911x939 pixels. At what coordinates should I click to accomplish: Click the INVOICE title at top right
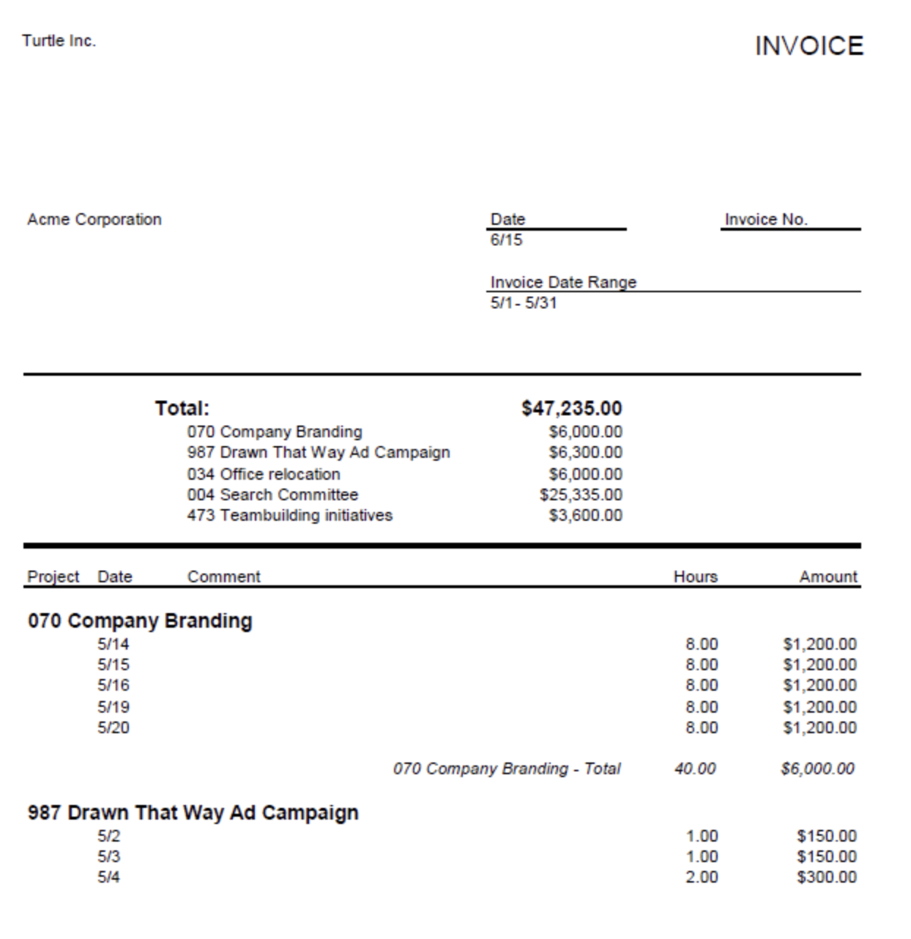(808, 46)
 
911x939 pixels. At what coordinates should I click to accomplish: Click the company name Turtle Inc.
(59, 41)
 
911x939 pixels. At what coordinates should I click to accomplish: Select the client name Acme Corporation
(94, 220)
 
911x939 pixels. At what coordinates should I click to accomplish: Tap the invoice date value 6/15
(506, 240)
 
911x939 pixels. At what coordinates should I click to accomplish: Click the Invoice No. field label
(765, 220)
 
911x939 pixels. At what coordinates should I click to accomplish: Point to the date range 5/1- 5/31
(524, 303)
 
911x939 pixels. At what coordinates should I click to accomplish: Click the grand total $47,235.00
(571, 409)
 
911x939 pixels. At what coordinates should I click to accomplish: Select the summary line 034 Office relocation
(264, 475)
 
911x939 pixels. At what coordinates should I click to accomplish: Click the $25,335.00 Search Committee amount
(581, 495)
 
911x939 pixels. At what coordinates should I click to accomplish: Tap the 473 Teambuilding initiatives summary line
(289, 516)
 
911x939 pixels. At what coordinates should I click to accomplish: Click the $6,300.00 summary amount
(585, 453)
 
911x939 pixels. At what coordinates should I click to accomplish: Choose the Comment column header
(223, 577)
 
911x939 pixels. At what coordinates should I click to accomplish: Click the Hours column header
(695, 577)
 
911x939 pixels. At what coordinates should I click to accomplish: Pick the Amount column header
(828, 577)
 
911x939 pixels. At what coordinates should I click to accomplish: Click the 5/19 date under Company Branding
(114, 708)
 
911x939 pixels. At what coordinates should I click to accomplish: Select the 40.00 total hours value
(695, 769)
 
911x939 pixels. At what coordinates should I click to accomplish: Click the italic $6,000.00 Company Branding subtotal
(817, 769)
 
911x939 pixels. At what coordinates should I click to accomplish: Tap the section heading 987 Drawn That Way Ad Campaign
(193, 813)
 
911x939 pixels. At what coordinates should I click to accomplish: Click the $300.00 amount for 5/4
(826, 877)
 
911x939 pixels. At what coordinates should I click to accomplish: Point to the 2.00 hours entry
(702, 877)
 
